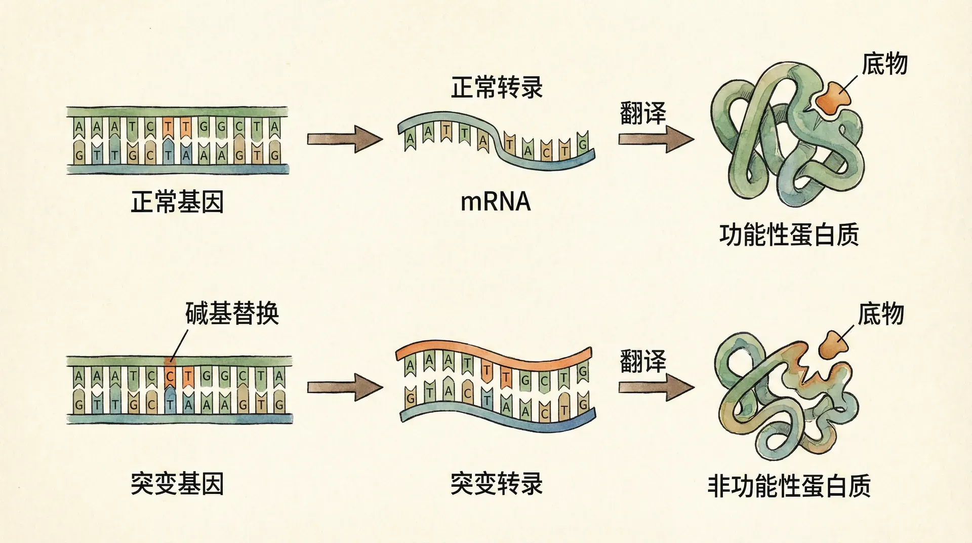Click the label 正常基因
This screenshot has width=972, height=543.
click(x=177, y=202)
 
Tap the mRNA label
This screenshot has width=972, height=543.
click(x=496, y=202)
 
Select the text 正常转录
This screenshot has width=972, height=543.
click(x=497, y=88)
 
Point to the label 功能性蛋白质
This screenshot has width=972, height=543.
click(x=789, y=236)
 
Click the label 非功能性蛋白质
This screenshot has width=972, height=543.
click(x=789, y=485)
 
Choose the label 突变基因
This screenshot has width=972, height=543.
click(x=177, y=483)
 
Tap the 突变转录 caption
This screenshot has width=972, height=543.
click(x=497, y=483)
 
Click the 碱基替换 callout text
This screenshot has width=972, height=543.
click(x=232, y=314)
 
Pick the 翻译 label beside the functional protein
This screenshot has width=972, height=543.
click(x=643, y=113)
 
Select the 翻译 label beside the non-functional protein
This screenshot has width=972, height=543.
click(x=643, y=362)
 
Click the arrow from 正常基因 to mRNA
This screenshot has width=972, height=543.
click(x=345, y=139)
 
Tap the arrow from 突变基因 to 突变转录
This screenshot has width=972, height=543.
click(x=345, y=387)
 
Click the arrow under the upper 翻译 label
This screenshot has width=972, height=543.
click(x=656, y=139)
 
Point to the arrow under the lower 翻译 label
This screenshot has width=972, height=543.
click(x=656, y=387)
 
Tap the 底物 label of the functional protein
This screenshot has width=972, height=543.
click(x=884, y=64)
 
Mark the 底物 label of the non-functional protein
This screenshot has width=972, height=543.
click(x=881, y=314)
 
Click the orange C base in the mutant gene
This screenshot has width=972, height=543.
click(x=171, y=377)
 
